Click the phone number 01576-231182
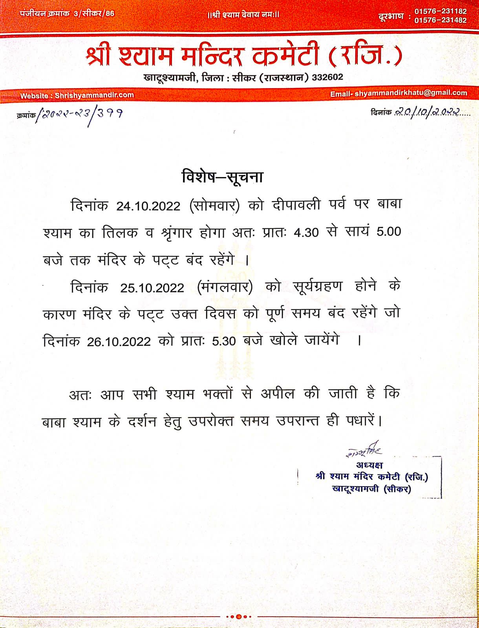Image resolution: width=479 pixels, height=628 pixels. tap(441, 11)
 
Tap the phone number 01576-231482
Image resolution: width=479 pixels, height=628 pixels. tap(441, 20)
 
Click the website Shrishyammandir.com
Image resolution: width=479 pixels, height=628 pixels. tap(94, 95)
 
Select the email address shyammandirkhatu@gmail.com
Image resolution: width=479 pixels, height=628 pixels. tap(411, 93)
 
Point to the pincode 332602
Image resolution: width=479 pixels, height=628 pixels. tap(327, 77)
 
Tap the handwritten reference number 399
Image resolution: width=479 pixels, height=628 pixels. tap(110, 114)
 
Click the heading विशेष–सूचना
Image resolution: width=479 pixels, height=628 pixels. tap(222, 177)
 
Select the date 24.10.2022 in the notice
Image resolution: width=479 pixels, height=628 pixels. tap(148, 206)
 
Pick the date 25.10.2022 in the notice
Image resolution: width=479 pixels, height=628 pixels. tap(152, 288)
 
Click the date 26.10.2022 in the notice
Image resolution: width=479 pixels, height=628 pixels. tap(119, 341)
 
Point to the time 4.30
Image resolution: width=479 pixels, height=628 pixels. tap(306, 233)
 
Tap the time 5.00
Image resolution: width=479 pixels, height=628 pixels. tap(389, 232)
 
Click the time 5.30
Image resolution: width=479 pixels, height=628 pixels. tap(224, 341)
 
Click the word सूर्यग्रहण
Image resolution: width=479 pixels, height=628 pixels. tap(318, 287)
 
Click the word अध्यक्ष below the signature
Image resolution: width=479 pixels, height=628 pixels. tap(369, 465)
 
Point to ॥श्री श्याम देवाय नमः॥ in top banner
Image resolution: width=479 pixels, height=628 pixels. tap(243, 15)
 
